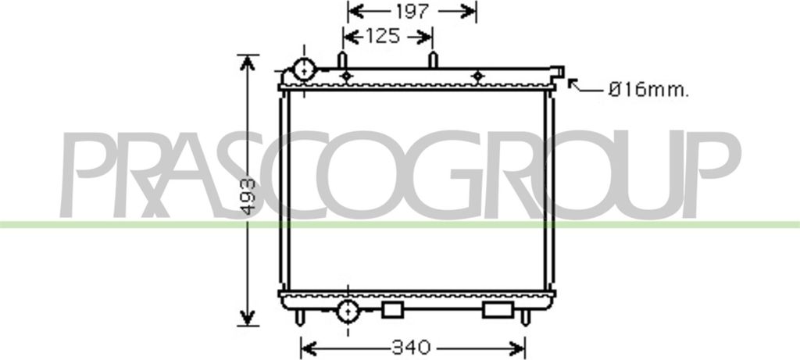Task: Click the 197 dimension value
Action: [x=412, y=11]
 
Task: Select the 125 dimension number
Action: [x=382, y=36]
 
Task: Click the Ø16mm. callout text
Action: [x=648, y=91]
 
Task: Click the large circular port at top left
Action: [x=303, y=70]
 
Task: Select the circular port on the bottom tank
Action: [x=347, y=312]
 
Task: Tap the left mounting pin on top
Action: [x=341, y=60]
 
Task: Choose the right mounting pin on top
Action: [x=434, y=60]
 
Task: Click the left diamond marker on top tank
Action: [x=348, y=76]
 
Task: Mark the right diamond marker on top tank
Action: [x=477, y=76]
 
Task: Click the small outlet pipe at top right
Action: [x=557, y=72]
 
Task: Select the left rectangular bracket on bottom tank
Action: [x=392, y=310]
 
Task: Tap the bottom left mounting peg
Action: [x=300, y=317]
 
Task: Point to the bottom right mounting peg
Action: [x=525, y=317]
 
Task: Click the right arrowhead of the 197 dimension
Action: [x=470, y=11]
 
